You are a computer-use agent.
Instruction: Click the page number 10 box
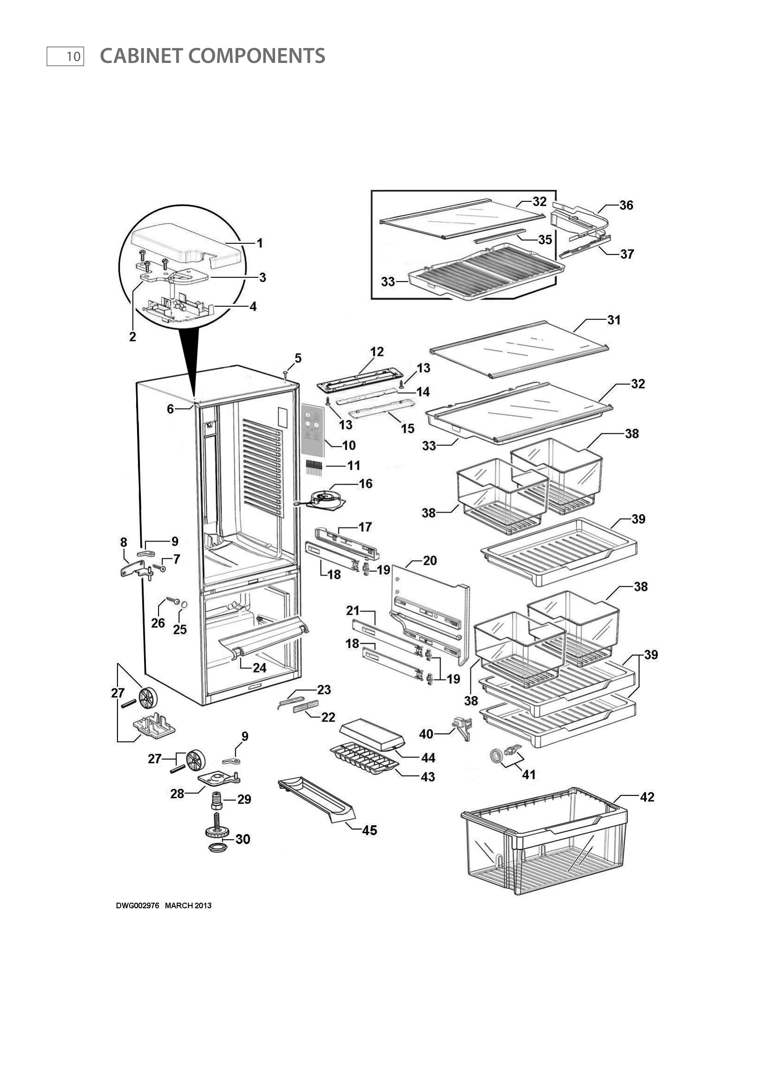[65, 56]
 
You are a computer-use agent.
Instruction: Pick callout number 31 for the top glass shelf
[614, 320]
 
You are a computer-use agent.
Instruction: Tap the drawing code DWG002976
[137, 905]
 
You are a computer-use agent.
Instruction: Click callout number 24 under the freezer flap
[259, 668]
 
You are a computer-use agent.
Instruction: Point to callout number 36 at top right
[626, 205]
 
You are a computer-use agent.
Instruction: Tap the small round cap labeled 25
[184, 604]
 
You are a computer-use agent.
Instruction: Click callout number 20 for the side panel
[430, 561]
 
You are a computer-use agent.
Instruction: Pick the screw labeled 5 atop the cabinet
[285, 374]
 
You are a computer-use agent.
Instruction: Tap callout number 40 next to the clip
[426, 734]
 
